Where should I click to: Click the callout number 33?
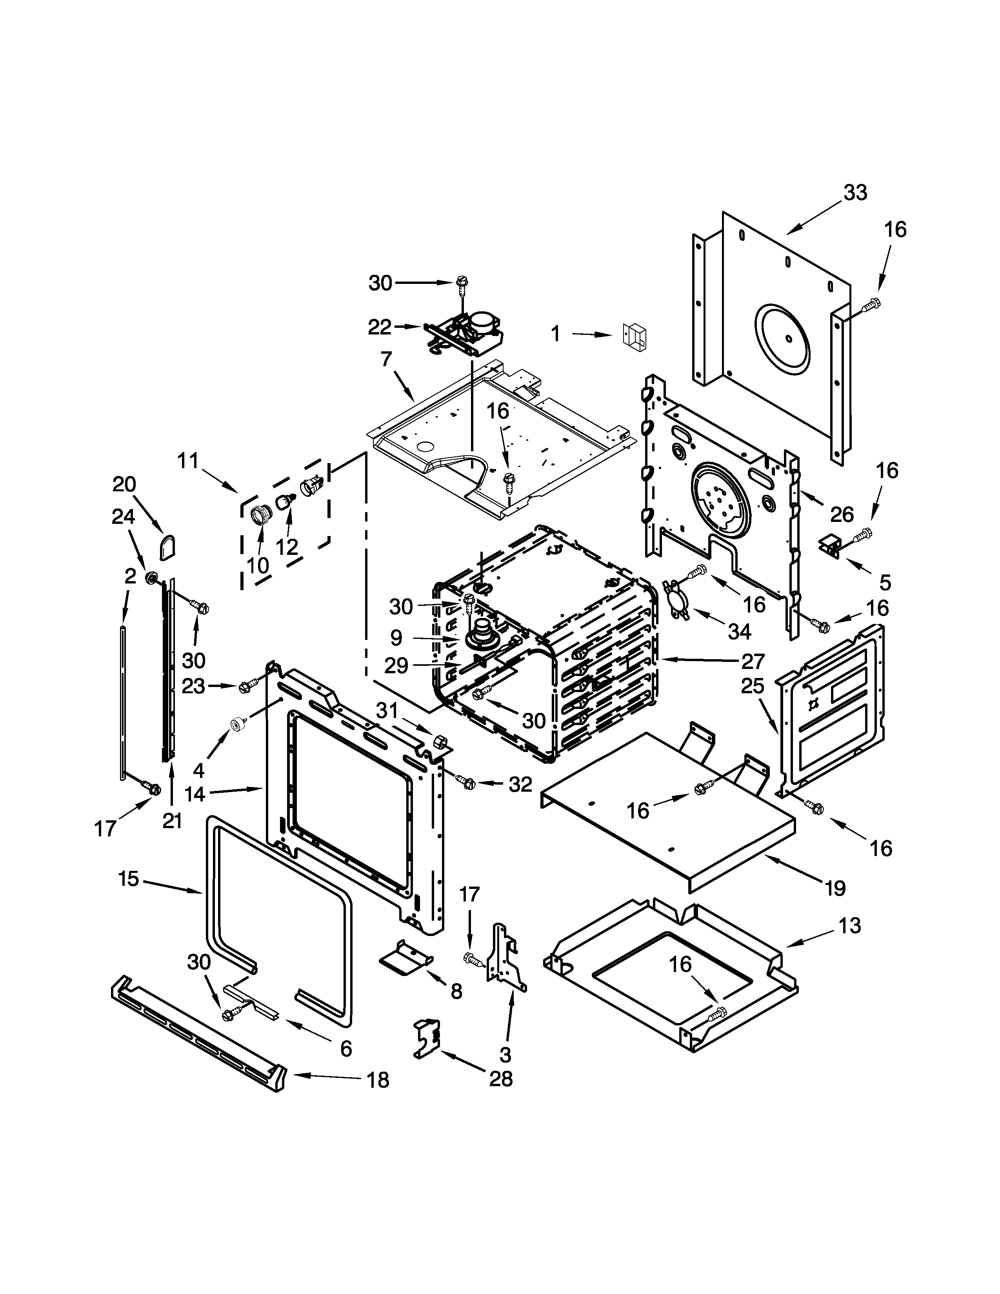(855, 193)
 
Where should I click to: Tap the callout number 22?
(380, 327)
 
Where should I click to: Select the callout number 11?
(188, 460)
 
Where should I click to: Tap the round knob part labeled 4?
(239, 724)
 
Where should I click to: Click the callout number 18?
(378, 1080)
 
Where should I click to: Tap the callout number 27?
(753, 661)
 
